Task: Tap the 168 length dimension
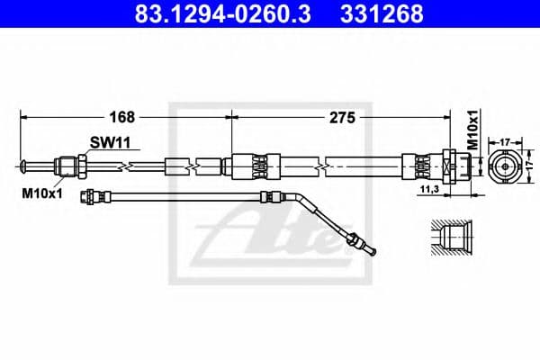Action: coord(123,117)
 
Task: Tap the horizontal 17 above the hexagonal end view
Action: coord(504,141)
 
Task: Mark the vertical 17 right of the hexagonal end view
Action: coord(530,167)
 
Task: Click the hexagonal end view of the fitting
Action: coord(504,167)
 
